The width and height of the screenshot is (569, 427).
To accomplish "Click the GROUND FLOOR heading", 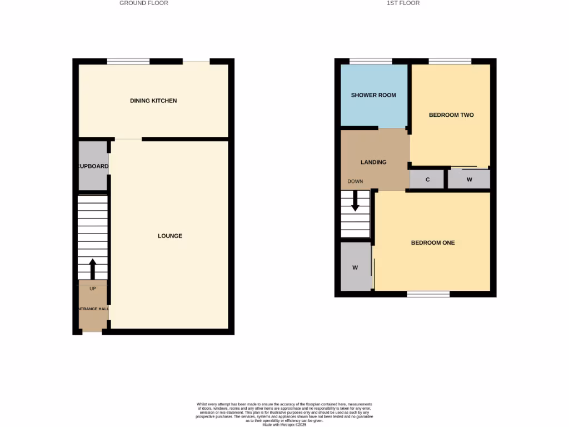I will [144, 3].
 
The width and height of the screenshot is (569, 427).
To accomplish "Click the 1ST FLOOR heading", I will [403, 3].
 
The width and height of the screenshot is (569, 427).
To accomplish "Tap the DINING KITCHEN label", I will [153, 101].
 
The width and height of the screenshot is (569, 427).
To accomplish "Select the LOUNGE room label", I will [170, 236].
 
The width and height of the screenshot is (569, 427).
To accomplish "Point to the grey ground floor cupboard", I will [93, 166].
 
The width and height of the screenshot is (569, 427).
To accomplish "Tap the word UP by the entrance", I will [93, 289].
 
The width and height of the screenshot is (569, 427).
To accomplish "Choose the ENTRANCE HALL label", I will [93, 309].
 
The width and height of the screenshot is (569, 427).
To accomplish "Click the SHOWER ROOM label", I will [373, 95].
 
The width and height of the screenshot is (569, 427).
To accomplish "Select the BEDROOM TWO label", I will [451, 115].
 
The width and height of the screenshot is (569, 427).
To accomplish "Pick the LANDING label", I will [373, 162].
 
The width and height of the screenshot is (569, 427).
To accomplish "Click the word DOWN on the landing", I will [355, 181].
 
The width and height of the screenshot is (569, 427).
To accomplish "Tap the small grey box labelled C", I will [427, 180].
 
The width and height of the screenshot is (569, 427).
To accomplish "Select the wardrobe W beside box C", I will [470, 180].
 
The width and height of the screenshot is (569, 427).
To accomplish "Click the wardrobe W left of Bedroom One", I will [355, 267].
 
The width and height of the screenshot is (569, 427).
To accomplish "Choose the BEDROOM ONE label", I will [433, 242].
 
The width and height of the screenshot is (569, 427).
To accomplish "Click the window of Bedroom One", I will [428, 294].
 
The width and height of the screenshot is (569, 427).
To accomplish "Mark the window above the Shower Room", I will [371, 61].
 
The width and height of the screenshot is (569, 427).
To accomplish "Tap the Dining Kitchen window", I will [128, 61].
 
